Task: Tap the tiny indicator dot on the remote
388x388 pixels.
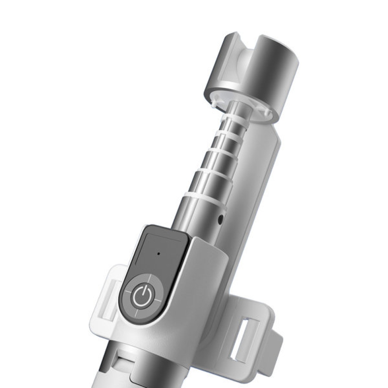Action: (x=158, y=254)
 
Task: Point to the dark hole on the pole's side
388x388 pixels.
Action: (x=221, y=220)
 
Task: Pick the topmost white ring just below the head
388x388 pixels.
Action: (x=237, y=116)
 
